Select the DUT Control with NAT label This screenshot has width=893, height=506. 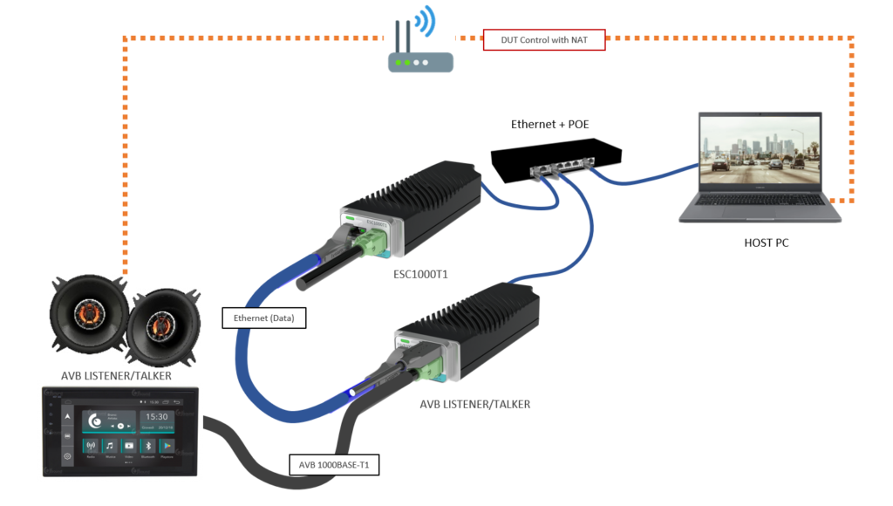click(x=544, y=40)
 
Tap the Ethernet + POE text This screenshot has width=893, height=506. click(x=549, y=125)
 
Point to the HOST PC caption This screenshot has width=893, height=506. click(x=764, y=243)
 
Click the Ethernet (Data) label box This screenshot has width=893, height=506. click(x=263, y=318)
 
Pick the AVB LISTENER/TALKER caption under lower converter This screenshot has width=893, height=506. click(x=474, y=404)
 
